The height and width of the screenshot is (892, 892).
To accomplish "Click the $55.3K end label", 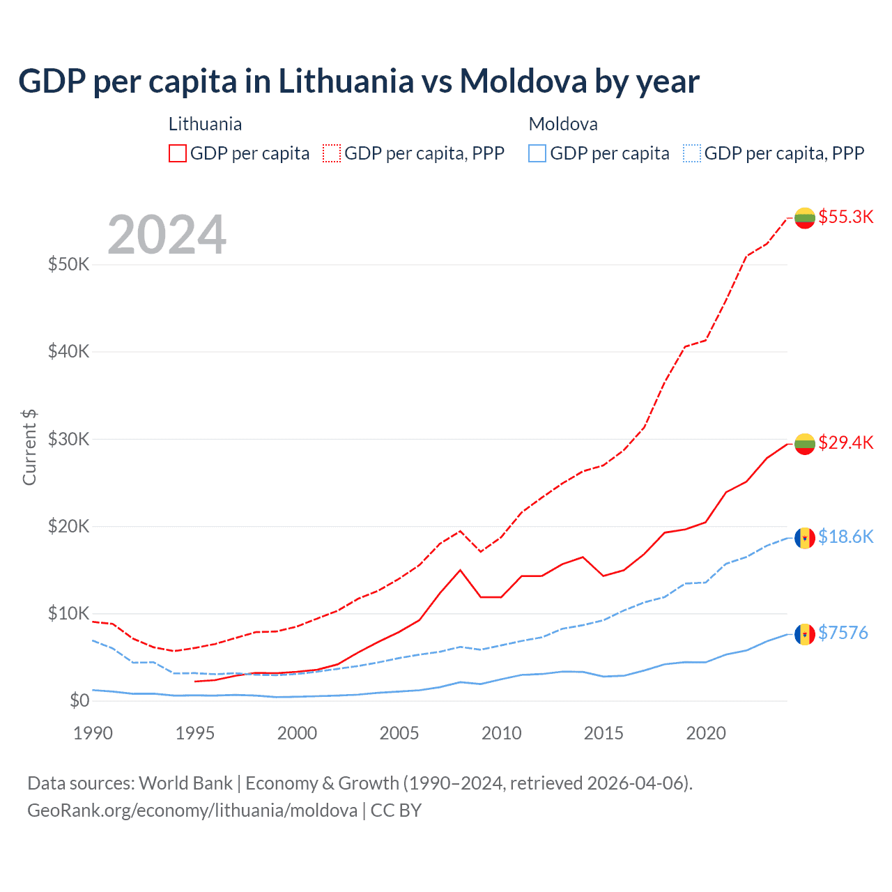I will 845,217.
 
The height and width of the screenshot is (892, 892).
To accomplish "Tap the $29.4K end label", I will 845,443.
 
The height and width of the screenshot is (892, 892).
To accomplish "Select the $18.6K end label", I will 845,537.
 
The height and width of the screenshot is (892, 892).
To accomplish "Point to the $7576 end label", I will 843,633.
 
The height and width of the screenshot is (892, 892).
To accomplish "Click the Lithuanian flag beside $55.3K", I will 805,217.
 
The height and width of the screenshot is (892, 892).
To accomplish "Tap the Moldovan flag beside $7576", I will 805,634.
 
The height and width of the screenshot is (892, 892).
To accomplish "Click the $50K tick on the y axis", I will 68,265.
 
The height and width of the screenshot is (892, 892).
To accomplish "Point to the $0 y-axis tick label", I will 79,700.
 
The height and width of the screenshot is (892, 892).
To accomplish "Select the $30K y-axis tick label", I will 68,439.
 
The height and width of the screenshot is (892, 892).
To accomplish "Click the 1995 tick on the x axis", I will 195,733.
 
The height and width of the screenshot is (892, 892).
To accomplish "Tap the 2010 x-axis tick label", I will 502,733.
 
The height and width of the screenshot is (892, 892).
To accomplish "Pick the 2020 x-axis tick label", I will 706,733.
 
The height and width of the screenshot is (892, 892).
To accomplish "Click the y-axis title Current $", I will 29,447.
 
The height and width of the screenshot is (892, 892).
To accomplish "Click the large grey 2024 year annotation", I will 167,235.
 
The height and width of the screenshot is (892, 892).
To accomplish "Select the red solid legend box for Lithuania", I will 178,153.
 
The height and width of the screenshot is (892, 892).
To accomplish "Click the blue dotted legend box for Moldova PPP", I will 692,153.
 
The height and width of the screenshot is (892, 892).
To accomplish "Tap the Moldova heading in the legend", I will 563,124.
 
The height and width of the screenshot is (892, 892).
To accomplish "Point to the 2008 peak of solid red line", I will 460,570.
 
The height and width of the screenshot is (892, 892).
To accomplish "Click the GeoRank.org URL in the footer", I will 192,810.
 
